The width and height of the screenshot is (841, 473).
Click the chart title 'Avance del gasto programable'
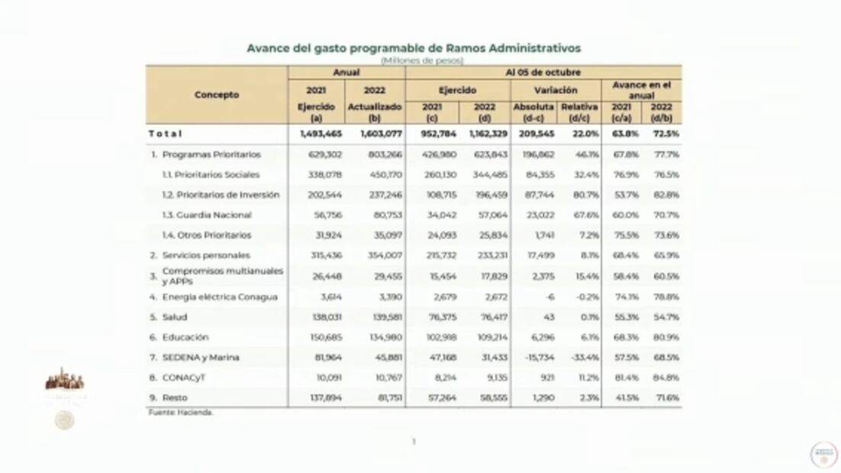point(413,48)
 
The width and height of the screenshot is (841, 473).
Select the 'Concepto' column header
point(216,95)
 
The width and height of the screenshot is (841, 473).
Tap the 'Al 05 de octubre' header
point(543,72)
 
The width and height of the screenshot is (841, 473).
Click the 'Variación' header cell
point(555,90)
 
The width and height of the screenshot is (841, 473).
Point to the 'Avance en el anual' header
point(641,90)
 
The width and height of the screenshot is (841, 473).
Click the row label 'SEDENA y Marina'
point(200,357)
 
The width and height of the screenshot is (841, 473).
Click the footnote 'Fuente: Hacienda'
point(180,412)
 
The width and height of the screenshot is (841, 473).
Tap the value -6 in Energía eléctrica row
point(549,297)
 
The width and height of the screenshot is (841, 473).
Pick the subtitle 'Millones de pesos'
point(413,60)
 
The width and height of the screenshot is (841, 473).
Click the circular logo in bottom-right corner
point(823,454)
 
